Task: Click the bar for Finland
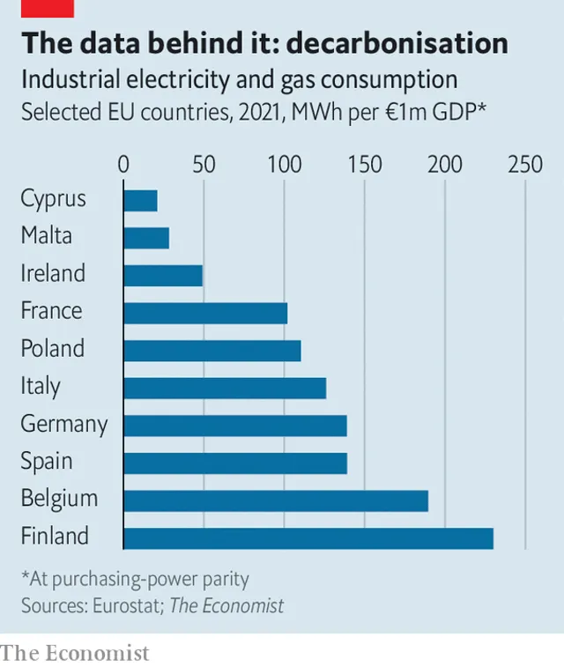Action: [x=308, y=538]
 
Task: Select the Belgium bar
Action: [x=276, y=500]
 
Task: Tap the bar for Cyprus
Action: [x=140, y=201]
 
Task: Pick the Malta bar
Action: [x=146, y=238]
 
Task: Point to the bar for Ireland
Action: [x=163, y=276]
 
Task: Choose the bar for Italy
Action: [x=225, y=388]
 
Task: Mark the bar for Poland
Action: [x=212, y=351]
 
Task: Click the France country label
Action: [x=51, y=310]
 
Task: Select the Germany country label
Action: [x=64, y=425]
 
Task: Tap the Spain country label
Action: [x=47, y=462]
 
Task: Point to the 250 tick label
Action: [x=525, y=164]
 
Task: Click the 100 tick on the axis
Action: [x=285, y=164]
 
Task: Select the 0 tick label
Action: [x=123, y=164]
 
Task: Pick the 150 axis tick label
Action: [x=365, y=164]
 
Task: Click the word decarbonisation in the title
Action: [x=397, y=43]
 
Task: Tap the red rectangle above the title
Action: [x=48, y=9]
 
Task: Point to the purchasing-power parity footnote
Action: [x=135, y=580]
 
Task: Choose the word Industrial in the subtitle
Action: [x=70, y=79]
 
